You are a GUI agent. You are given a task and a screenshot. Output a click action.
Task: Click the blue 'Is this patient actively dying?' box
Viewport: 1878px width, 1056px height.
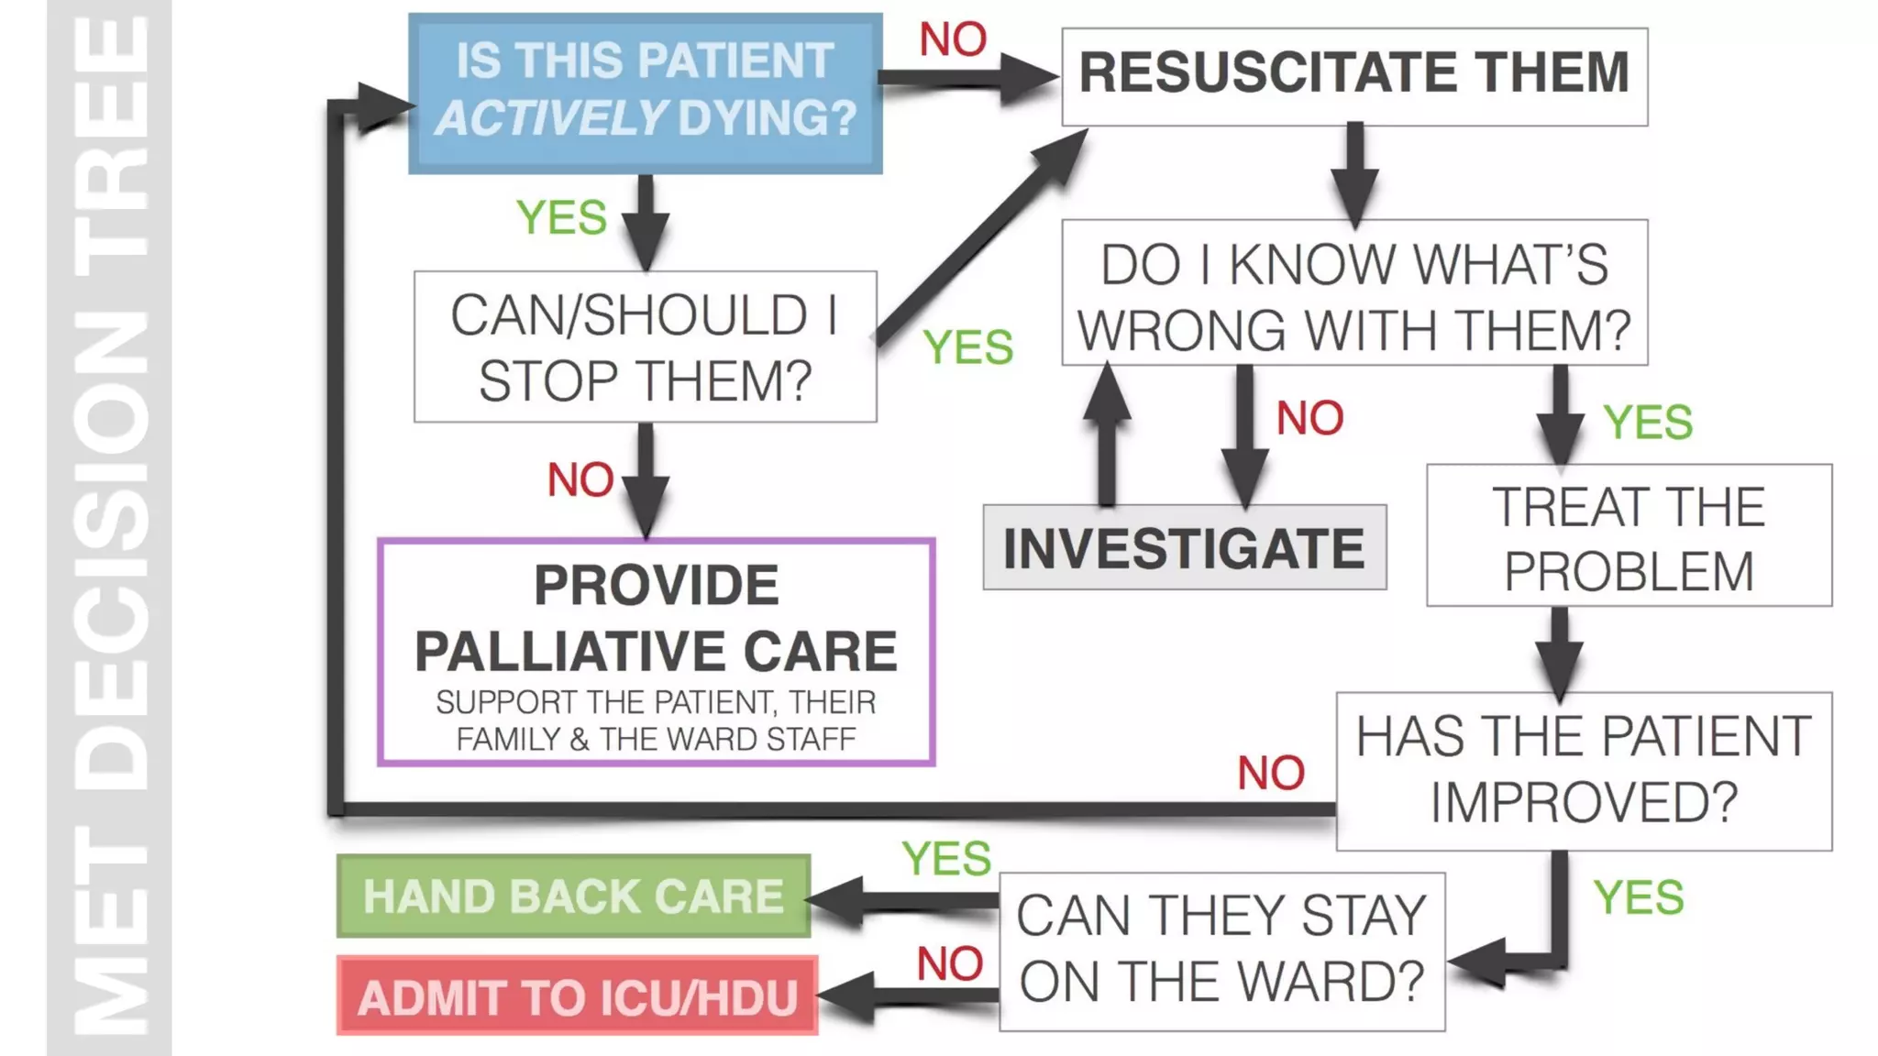coord(645,93)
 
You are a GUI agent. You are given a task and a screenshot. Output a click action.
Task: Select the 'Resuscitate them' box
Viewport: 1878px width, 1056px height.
coord(1353,76)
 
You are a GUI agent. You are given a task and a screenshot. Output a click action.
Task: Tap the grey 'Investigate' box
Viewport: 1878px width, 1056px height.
coord(1184,547)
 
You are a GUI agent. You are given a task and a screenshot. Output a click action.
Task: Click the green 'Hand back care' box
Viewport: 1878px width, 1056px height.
coord(573,896)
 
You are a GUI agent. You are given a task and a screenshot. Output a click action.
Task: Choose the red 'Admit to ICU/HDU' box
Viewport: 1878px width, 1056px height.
coord(577,995)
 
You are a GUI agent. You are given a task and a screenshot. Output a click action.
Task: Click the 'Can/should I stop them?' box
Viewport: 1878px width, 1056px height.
coord(645,346)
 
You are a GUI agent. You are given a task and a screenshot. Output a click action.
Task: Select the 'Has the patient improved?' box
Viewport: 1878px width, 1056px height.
coord(1584,771)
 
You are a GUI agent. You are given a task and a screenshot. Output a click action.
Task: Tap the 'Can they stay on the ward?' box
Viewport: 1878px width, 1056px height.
coord(1221,951)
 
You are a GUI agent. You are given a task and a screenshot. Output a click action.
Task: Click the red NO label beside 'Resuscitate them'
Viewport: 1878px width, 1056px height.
coord(953,39)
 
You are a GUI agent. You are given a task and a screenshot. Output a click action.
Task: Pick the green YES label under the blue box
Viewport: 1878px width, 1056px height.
coord(561,217)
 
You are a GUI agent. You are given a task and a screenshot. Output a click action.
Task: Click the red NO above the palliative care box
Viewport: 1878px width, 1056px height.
coord(580,479)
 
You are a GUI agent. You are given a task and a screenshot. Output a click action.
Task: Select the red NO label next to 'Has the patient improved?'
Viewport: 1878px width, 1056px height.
coord(1270,773)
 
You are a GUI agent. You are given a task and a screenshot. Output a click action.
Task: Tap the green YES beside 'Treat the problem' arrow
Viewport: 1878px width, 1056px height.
coord(1648,423)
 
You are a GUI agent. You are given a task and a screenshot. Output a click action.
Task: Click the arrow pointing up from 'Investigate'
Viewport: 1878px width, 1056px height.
coord(1107,431)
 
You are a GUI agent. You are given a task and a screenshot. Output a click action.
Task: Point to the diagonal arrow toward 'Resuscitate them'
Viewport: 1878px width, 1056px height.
coord(981,238)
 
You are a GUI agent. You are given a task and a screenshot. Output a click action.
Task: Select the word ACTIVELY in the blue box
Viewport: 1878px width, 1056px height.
coord(551,118)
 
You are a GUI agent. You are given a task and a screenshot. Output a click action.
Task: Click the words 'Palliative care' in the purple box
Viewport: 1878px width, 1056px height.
coord(656,651)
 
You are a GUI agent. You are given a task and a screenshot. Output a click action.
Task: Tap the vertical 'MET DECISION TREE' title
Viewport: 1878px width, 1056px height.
coord(109,528)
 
